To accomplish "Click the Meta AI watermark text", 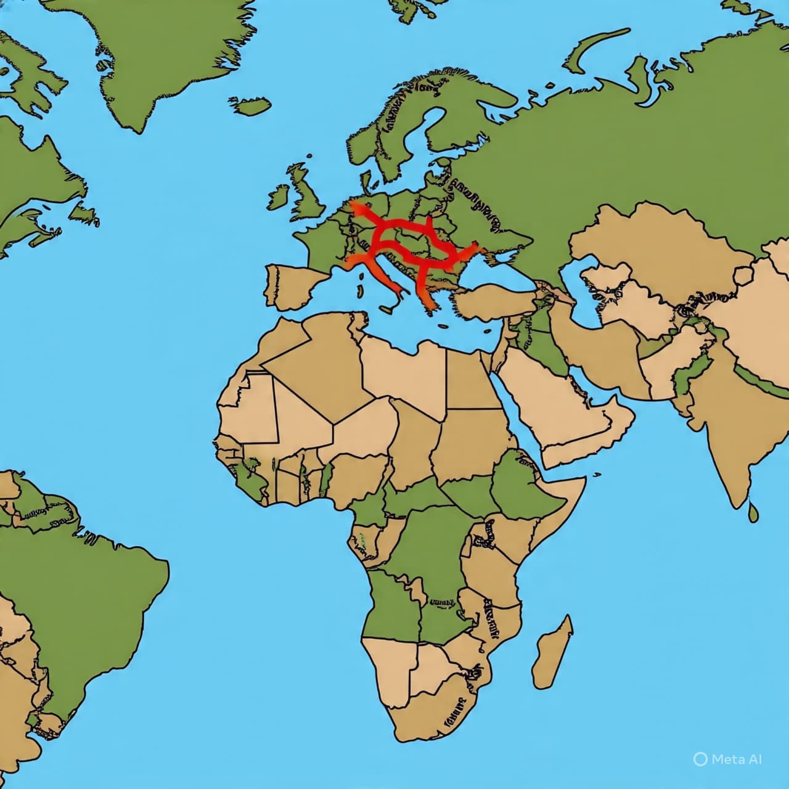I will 737,759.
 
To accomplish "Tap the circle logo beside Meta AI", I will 700,759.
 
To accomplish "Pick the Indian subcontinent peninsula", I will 721,431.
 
